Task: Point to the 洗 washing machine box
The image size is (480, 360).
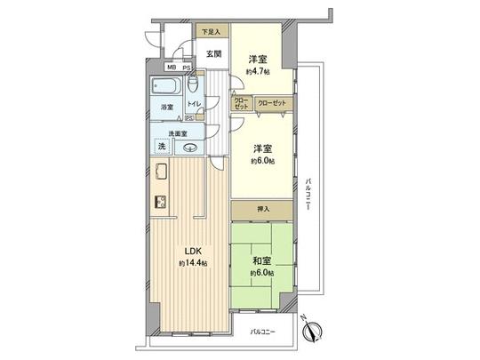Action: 162,145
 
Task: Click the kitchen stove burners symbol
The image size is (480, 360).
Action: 161,201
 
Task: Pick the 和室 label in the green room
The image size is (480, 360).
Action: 260,261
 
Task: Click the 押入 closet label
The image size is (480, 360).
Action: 261,210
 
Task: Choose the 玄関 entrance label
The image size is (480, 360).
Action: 213,52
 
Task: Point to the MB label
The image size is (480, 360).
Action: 170,67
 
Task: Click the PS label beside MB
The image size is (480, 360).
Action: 186,67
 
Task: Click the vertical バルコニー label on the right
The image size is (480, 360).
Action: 306,188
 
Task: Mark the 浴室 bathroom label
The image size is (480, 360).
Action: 165,108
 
